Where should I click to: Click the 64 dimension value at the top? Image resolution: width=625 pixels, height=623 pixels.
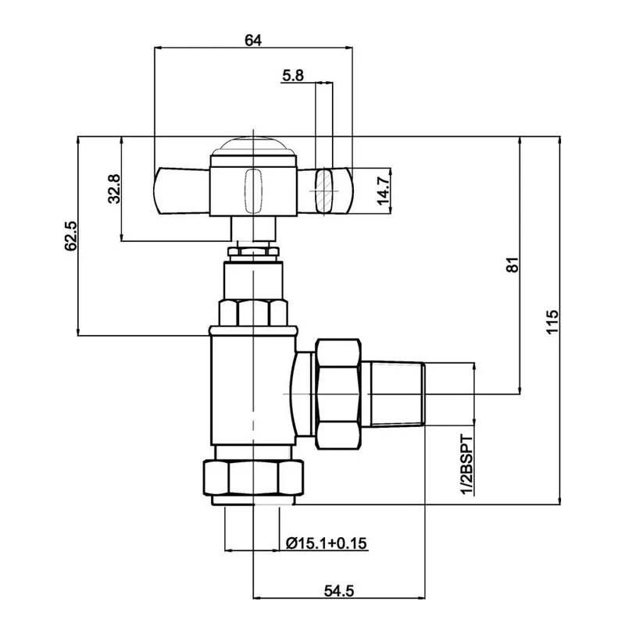pos(253,41)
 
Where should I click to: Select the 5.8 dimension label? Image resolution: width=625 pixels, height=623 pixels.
pos(293,75)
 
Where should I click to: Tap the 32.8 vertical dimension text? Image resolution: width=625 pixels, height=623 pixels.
pos(114,189)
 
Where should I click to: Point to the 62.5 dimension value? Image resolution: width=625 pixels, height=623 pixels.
pos(71,236)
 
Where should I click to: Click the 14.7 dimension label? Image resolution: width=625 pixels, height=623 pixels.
pos(384,191)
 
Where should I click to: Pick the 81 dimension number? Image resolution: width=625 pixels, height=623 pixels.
pos(513,265)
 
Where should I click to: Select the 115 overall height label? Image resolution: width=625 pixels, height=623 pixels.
pos(552,322)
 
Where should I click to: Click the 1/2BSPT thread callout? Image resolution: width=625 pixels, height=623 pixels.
pos(467,465)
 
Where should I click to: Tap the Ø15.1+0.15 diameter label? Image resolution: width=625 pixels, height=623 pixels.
pos(327,543)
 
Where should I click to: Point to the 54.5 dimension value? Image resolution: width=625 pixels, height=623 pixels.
pos(339,591)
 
